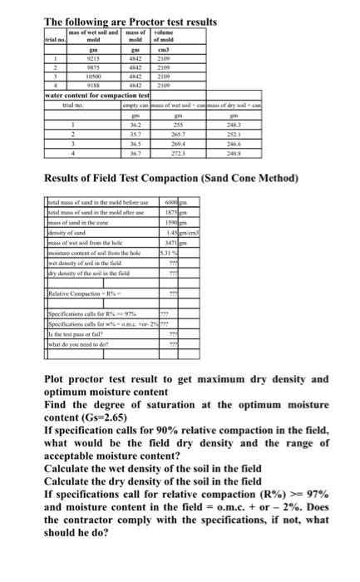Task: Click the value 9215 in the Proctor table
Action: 93,58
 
